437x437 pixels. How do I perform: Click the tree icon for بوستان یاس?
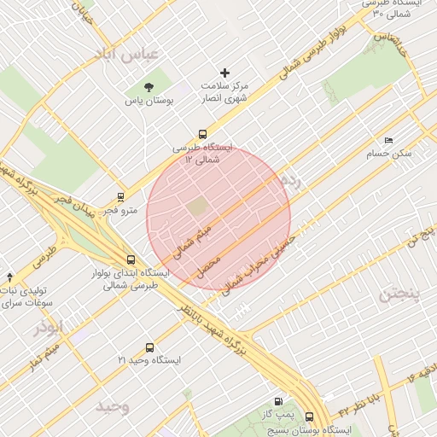tap(149, 86)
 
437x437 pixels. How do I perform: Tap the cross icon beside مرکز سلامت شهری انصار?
tap(225, 73)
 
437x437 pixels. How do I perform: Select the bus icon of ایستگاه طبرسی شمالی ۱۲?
tap(202, 133)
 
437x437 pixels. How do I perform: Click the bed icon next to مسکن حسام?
tap(388, 140)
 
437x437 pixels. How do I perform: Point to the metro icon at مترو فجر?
tap(120, 196)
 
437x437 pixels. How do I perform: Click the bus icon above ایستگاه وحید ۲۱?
tap(150, 347)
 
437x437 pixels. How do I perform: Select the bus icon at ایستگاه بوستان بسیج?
tap(309, 418)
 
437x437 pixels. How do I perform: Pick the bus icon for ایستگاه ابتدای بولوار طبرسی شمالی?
tap(130, 260)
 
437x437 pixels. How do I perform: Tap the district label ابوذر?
tap(50, 327)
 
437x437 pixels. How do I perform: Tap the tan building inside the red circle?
tap(197, 207)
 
